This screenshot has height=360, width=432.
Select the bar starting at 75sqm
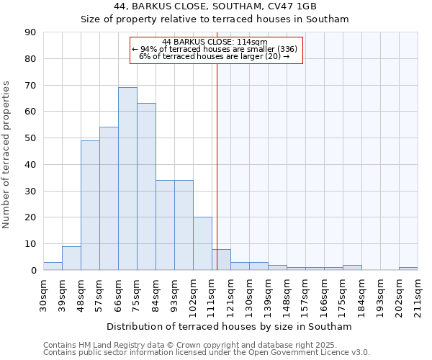tap(146, 186)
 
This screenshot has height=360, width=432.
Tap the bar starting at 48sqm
tap(90, 205)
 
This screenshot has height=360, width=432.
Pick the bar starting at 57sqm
tap(109, 199)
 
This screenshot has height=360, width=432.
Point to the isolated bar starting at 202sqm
tap(408, 269)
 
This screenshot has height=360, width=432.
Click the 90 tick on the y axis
tap(30, 32)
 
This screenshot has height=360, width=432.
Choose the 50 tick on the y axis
tap(30, 138)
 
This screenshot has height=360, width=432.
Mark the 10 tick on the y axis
tap(30, 244)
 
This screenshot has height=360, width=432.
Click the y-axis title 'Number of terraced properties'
tap(6, 154)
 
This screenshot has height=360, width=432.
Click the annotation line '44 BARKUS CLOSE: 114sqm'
tap(215, 42)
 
